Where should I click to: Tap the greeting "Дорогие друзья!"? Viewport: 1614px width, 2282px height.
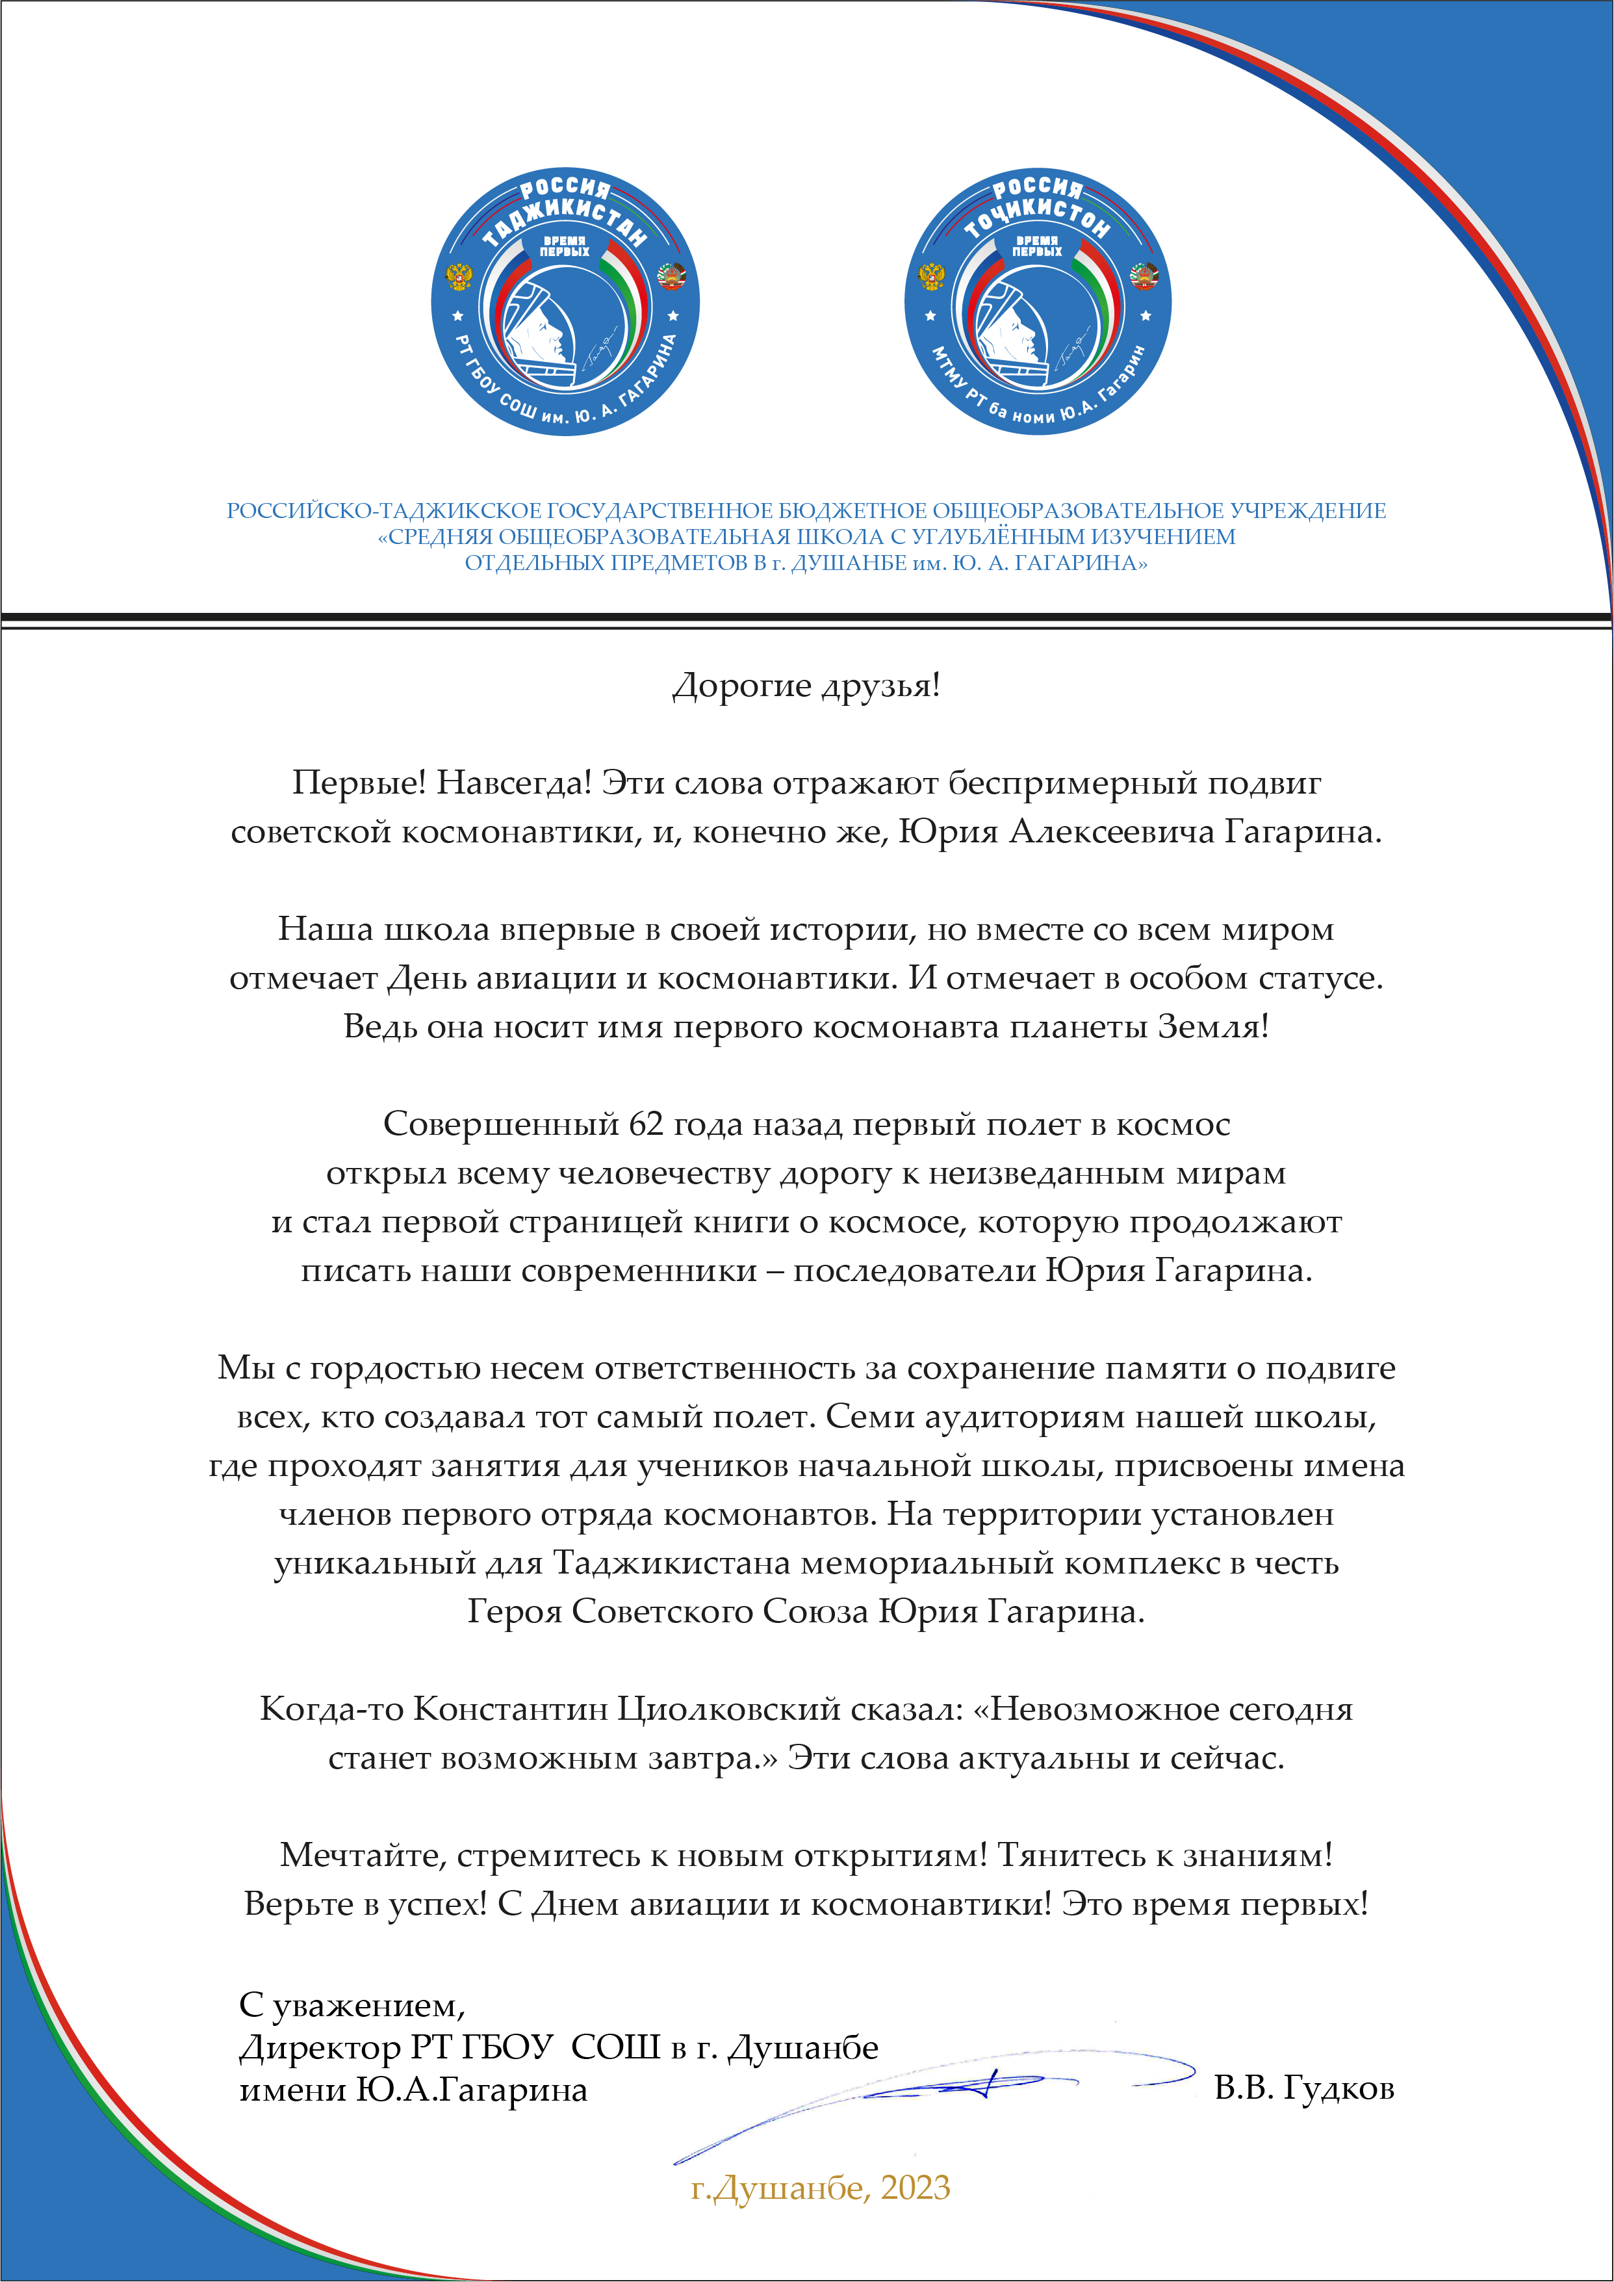(x=806, y=686)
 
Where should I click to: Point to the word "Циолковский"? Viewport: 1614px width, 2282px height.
(x=730, y=1709)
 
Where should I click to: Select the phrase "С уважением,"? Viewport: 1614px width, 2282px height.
(x=352, y=2004)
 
